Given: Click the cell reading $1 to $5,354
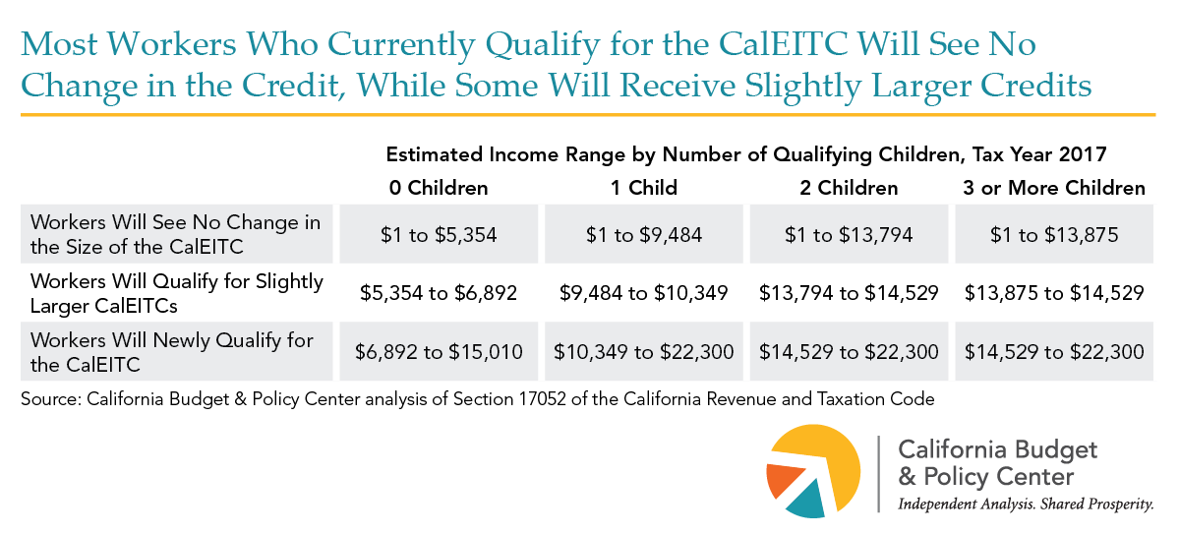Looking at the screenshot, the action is click(440, 235).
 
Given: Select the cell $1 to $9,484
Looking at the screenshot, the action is click(644, 235).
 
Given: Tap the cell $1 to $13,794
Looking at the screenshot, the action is click(849, 235).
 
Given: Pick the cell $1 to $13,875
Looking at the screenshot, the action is click(1054, 235).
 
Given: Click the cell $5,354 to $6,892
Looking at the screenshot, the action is click(440, 293).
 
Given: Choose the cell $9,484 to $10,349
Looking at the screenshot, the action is click(644, 293).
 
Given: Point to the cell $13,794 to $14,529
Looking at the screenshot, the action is click(849, 293).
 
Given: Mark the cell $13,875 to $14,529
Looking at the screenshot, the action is click(1054, 293).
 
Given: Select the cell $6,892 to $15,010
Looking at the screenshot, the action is click(440, 351).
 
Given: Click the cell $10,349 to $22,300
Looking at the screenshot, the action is click(644, 351).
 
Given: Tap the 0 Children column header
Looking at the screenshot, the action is click(440, 188).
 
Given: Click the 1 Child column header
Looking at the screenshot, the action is click(644, 188).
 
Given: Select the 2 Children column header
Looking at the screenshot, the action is click(849, 188).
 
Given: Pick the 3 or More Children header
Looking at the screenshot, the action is click(1054, 188).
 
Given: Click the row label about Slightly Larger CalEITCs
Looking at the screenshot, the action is click(177, 293).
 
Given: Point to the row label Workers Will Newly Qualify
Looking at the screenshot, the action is click(171, 351).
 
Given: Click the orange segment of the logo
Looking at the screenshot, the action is click(780, 481).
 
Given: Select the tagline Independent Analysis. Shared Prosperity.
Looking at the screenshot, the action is click(1026, 504).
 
